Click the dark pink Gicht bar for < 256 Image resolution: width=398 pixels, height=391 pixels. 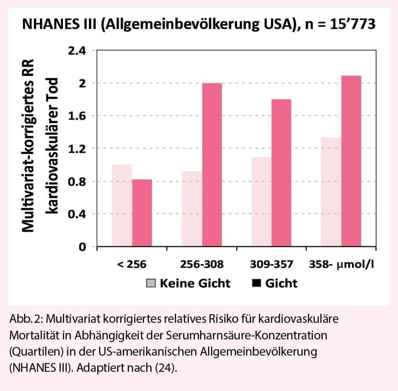(142, 213)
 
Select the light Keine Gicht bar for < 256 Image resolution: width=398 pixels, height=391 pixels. (122, 205)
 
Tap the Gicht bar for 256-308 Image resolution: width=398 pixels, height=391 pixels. (212, 165)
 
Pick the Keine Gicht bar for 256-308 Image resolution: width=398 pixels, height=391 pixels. (192, 209)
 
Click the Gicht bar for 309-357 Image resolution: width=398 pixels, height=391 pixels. (281, 173)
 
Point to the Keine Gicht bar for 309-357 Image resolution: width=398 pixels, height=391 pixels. (262, 202)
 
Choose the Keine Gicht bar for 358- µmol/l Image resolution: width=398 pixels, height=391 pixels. (331, 192)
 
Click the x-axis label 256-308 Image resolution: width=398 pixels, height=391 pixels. (202, 265)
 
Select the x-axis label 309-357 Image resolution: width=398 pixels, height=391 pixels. (272, 265)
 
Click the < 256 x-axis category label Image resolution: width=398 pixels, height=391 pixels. (132, 265)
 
